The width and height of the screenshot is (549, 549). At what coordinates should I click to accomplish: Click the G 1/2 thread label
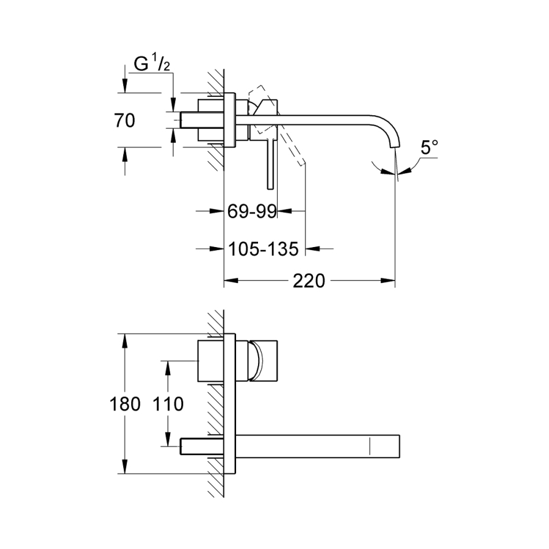pos(152,63)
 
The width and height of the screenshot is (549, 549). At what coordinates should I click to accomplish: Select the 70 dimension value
pos(124,120)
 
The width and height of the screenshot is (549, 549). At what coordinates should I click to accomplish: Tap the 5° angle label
pos(429,147)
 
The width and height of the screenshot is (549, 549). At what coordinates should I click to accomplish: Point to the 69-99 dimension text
pos(252,211)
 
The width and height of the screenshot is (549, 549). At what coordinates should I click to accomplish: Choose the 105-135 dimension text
pos(264,249)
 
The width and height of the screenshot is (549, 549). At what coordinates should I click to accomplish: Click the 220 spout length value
pos(309,281)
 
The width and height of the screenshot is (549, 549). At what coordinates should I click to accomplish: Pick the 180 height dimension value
pos(125,404)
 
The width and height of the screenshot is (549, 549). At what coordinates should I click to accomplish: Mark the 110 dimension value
pos(168,404)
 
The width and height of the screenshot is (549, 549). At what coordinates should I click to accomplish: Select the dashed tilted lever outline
pos(276,124)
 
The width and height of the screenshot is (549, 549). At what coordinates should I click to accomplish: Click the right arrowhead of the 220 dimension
pos(388,281)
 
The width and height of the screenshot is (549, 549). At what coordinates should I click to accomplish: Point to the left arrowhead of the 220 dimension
pos(231,281)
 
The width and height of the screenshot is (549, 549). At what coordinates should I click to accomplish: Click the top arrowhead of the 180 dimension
pos(125,340)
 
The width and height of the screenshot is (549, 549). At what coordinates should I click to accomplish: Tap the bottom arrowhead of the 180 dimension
pos(125,467)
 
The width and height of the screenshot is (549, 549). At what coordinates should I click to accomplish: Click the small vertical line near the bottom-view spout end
pos(370,446)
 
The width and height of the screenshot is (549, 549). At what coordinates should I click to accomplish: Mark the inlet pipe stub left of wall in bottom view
pos(202,446)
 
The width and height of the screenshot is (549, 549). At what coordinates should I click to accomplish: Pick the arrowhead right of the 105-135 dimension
pos(313,249)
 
